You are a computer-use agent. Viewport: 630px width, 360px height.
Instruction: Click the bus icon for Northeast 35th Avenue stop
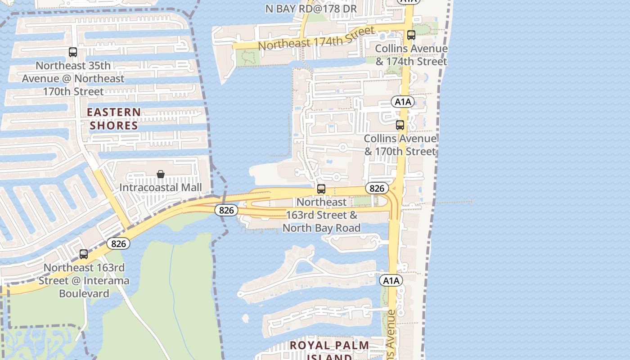pyautogui.click(x=73, y=52)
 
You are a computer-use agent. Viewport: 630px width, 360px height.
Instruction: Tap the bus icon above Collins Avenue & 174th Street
pyautogui.click(x=411, y=35)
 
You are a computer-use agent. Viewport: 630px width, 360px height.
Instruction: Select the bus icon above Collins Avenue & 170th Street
pyautogui.click(x=400, y=125)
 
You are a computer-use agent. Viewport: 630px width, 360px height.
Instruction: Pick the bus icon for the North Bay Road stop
pyautogui.click(x=321, y=189)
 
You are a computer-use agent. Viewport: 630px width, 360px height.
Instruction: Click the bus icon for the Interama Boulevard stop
pyautogui.click(x=84, y=254)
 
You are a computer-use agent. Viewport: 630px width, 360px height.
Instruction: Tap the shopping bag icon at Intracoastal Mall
pyautogui.click(x=160, y=174)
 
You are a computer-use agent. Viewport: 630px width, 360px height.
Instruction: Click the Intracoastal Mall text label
pyautogui.click(x=160, y=187)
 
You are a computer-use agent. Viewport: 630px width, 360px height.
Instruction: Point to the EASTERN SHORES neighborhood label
pyautogui.click(x=113, y=119)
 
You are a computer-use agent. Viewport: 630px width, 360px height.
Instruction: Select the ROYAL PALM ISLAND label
pyautogui.click(x=329, y=351)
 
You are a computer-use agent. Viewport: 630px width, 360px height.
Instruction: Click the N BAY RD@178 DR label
pyautogui.click(x=310, y=9)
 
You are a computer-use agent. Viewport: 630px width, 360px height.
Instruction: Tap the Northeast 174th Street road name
pyautogui.click(x=316, y=39)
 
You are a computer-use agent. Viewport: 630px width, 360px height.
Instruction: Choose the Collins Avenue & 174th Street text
pyautogui.click(x=411, y=55)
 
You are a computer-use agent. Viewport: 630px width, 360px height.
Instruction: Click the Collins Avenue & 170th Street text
pyautogui.click(x=400, y=145)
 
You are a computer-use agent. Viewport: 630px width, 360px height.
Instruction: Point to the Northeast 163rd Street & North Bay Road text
pyautogui.click(x=321, y=215)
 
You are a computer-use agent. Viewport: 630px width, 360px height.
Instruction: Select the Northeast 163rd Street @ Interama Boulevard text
pyautogui.click(x=84, y=280)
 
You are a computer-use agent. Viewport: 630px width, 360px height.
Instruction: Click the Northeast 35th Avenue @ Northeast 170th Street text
pyautogui.click(x=73, y=78)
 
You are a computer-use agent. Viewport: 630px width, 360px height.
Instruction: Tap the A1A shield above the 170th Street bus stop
pyautogui.click(x=402, y=102)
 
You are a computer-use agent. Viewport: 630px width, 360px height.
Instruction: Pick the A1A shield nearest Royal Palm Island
pyautogui.click(x=391, y=281)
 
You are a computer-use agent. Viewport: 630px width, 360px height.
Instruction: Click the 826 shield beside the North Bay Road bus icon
pyautogui.click(x=376, y=188)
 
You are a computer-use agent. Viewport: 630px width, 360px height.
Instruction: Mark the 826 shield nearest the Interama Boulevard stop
pyautogui.click(x=118, y=243)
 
